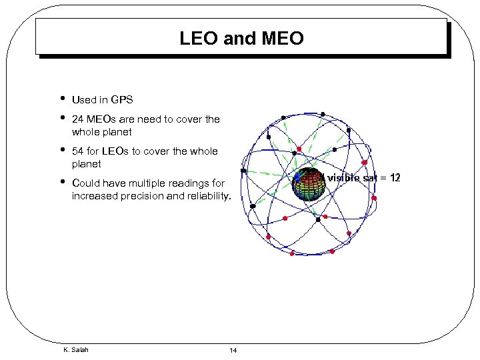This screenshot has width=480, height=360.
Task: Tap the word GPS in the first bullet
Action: [122, 100]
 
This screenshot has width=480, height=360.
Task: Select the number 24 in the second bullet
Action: [77, 119]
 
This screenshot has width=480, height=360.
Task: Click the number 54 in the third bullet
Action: [77, 151]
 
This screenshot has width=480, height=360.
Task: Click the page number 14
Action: [233, 351]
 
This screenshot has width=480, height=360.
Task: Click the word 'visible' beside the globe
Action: [342, 177]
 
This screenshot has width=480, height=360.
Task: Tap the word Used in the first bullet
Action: [84, 100]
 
